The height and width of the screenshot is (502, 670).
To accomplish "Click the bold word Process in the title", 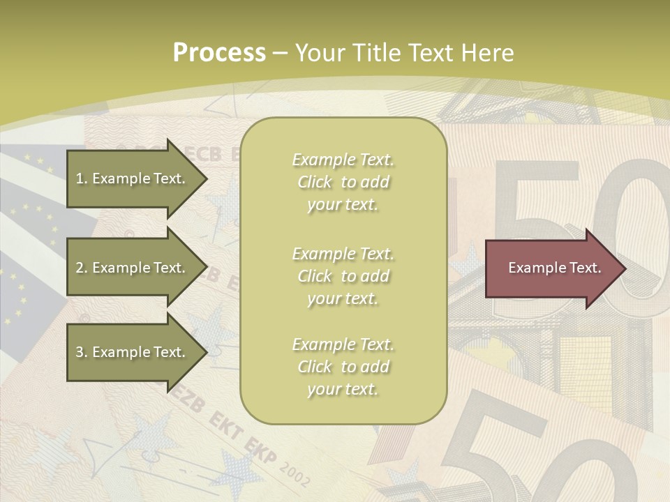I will pos(219,53).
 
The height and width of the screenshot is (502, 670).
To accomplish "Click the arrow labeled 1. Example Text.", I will pos(133,178).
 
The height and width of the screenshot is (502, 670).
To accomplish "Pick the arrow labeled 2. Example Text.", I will pos(133,268).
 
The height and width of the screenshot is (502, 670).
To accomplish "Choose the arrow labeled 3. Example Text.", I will pos(133,352).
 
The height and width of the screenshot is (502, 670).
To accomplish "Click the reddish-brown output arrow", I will pos(551,268).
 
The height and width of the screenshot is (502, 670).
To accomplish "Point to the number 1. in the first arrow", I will pos(81,178).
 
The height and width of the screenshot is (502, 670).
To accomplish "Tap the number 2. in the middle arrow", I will pos(81,268).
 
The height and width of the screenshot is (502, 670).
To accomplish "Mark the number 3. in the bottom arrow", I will pos(81,352).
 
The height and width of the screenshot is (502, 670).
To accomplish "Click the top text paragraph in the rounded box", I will pos(343,182).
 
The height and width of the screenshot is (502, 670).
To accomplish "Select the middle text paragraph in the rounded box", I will pos(343,276).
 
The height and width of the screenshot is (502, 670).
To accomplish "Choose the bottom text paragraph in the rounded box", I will pos(343,367).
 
